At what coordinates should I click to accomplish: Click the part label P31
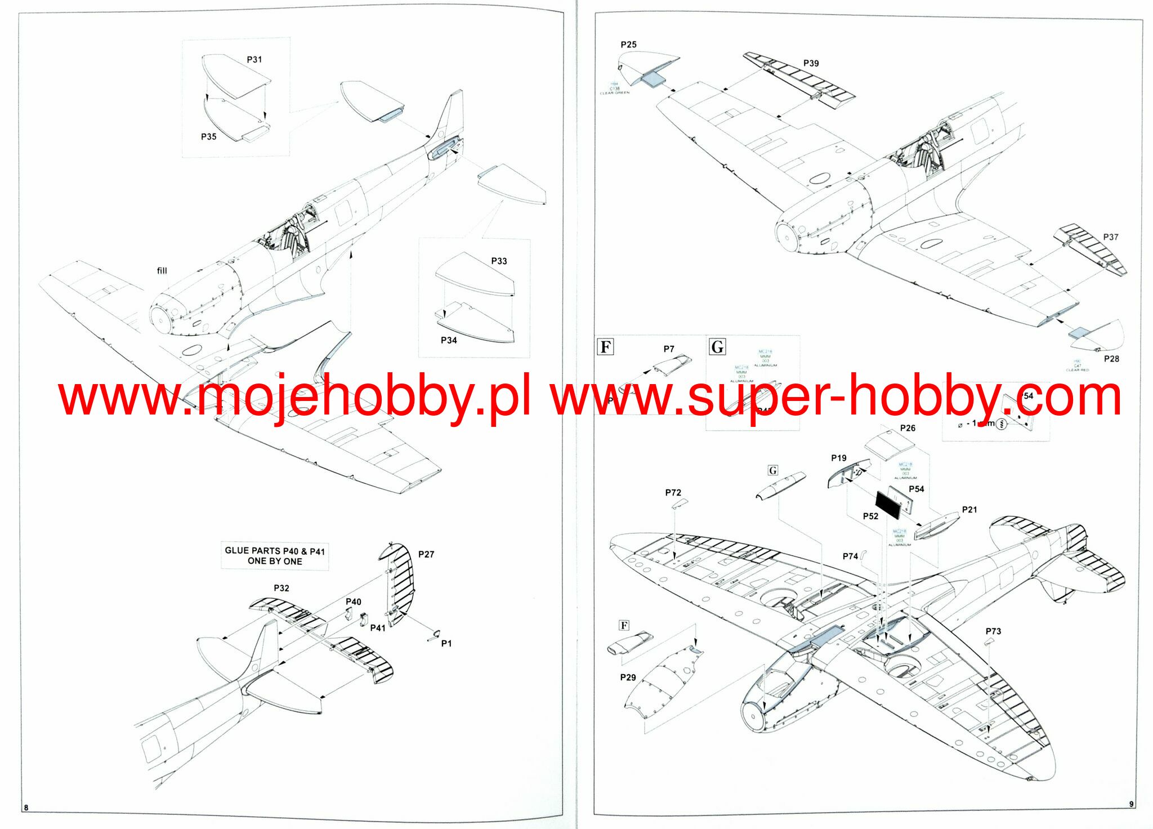point(254,59)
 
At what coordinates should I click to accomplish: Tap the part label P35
point(208,136)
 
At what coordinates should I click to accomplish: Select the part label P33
point(499,261)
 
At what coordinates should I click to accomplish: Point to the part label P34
point(449,340)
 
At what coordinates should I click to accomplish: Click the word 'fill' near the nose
point(162,270)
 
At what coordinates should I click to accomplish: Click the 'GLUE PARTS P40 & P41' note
point(275,556)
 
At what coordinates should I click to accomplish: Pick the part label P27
point(426,554)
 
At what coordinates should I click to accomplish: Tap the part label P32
point(281,588)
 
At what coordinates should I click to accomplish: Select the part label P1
point(446,643)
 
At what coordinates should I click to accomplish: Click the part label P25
point(628,44)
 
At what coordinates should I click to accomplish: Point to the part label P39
point(811,63)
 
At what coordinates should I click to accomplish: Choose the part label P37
point(1110,237)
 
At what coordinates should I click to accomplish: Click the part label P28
point(1111,359)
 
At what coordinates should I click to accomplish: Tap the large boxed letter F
point(605,346)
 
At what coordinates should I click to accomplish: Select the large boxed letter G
point(717,346)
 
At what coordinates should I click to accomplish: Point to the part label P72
point(673,492)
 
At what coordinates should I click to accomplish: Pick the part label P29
point(628,677)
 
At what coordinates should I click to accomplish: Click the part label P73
point(993,631)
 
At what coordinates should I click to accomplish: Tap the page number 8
point(26,808)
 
